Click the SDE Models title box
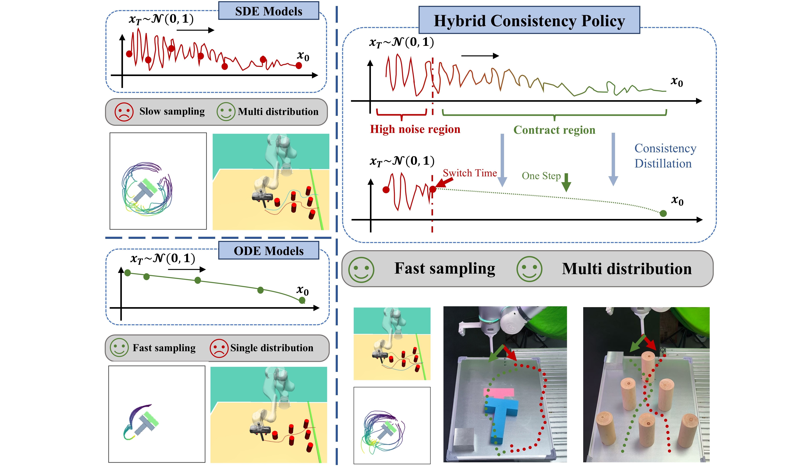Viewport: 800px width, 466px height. coord(269,11)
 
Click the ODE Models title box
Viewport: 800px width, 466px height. coord(269,251)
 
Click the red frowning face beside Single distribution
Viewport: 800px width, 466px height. coord(219,348)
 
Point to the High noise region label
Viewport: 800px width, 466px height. coord(415,129)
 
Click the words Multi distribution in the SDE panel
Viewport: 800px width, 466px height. coord(278,112)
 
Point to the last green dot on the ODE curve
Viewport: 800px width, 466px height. coord(302,300)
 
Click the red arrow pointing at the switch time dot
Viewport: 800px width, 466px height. coord(444,182)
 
